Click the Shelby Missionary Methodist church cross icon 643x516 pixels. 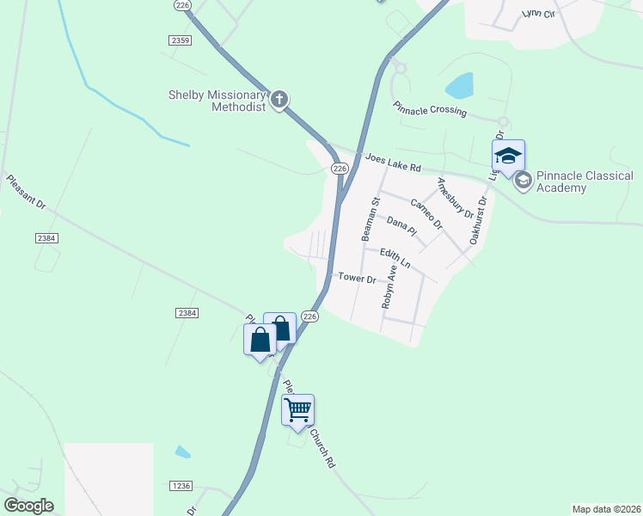[x=279, y=101]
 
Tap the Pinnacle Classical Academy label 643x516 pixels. [x=585, y=181]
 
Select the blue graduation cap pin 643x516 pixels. [x=508, y=157]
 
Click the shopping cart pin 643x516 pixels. [x=298, y=410]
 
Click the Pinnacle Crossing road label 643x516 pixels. [x=430, y=110]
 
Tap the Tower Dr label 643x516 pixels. [x=358, y=278]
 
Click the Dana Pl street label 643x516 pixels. [x=401, y=226]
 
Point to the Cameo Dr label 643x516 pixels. [x=426, y=213]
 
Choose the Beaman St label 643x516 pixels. [x=369, y=219]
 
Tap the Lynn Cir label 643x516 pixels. [x=541, y=15]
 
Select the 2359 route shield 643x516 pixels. [x=180, y=40]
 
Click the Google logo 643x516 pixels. [x=28, y=506]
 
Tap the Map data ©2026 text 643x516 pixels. [x=606, y=508]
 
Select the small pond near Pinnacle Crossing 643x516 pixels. [x=460, y=85]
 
